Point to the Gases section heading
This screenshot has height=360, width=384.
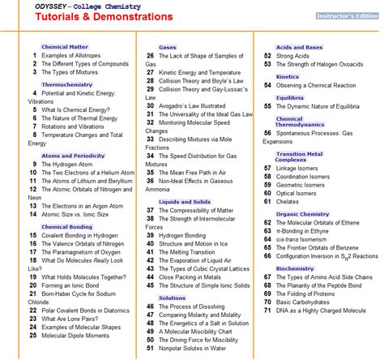point(168,47)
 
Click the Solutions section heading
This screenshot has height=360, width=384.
point(172,298)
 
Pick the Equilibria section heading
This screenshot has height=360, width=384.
point(289,97)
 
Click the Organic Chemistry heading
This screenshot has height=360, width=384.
point(303,214)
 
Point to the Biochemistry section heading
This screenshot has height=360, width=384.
point(295,267)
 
